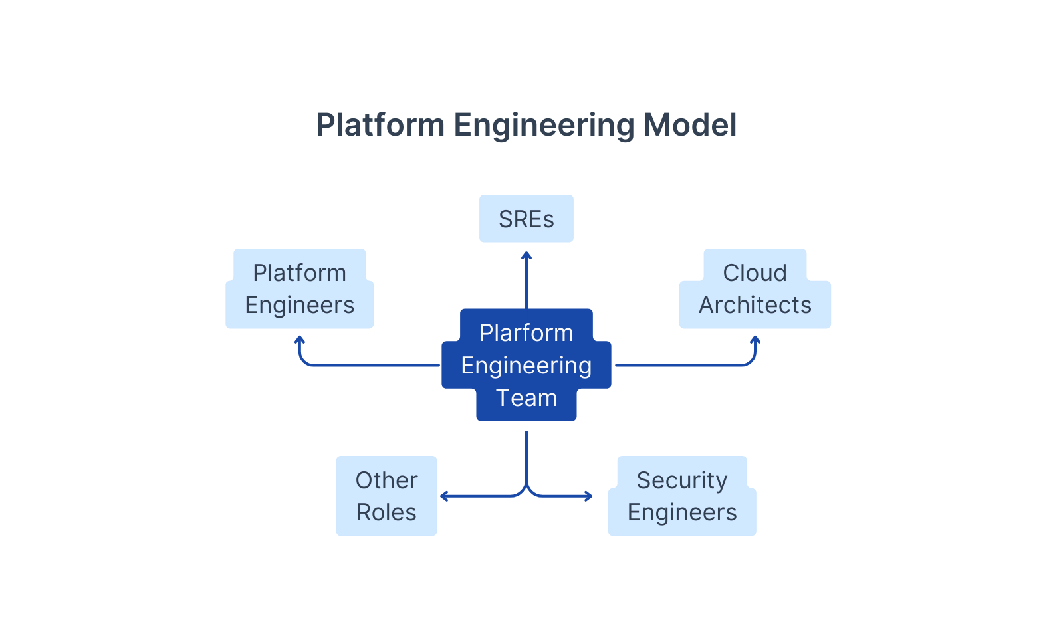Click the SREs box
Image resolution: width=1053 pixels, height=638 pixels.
coord(526,219)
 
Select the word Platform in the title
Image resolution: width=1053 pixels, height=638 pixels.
coord(380,125)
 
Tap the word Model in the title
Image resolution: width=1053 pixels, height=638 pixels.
coord(690,125)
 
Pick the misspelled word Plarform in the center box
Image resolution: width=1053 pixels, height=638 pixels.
coord(526,333)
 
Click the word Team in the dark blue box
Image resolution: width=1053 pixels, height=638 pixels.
coord(526,398)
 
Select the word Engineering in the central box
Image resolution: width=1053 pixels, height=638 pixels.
coord(526,366)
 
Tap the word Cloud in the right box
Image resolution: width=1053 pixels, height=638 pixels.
coord(755,273)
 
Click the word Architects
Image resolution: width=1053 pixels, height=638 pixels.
coord(755,305)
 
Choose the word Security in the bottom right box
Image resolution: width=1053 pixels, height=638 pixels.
coord(681,480)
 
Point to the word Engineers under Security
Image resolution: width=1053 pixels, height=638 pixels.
coord(681,512)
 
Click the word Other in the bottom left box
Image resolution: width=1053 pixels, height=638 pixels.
coord(386,480)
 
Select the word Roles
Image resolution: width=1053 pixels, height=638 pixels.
coord(386,512)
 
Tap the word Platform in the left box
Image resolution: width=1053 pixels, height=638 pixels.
coord(299,273)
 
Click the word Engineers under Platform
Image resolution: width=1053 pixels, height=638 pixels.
coord(299,305)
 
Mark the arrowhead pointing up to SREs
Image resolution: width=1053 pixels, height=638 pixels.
coord(526,255)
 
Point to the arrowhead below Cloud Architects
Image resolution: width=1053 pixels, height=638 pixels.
coord(755,340)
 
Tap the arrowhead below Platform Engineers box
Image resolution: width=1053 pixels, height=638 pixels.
coord(300,340)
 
